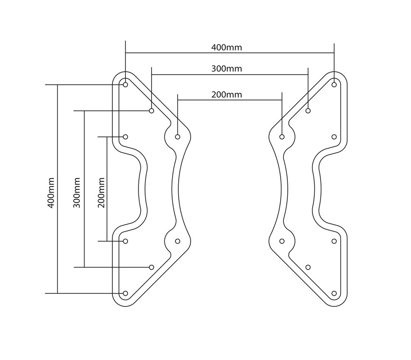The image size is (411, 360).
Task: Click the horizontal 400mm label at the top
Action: [x=227, y=47]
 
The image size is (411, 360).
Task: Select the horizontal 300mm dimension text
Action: [x=227, y=69]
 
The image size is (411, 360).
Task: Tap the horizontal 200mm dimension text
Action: [x=227, y=95]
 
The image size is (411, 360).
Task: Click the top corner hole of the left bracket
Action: [x=126, y=85]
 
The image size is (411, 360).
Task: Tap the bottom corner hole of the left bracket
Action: [x=126, y=293]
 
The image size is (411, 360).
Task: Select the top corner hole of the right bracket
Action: [x=334, y=85]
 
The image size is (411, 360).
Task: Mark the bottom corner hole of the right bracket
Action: [x=334, y=293]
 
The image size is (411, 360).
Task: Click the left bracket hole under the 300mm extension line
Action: [x=152, y=111]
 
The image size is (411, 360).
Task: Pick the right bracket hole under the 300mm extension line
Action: [x=308, y=111]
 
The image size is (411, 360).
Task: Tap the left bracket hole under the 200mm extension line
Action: [x=178, y=137]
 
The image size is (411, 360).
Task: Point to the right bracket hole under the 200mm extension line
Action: [x=282, y=137]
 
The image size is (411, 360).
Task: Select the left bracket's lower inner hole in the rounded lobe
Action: [x=178, y=241]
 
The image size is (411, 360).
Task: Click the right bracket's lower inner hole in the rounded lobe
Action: [x=282, y=241]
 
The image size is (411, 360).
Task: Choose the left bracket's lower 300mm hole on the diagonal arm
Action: [x=152, y=267]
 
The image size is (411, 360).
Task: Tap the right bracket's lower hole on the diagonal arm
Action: [x=308, y=267]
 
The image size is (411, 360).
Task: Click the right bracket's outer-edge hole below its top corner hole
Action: [x=334, y=137]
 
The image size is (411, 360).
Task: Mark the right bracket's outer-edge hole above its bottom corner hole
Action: [x=334, y=241]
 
